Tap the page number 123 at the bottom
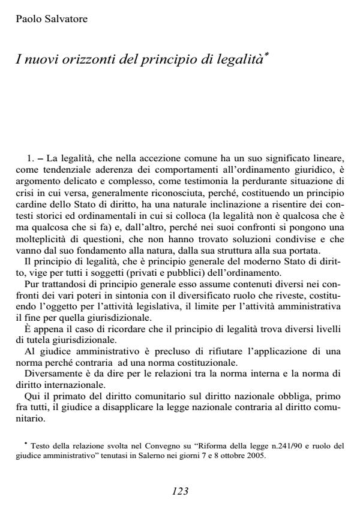[180, 491]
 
